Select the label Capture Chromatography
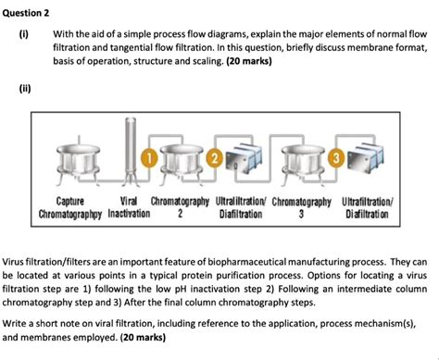[x=72, y=206]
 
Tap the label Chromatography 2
[x=180, y=206]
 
